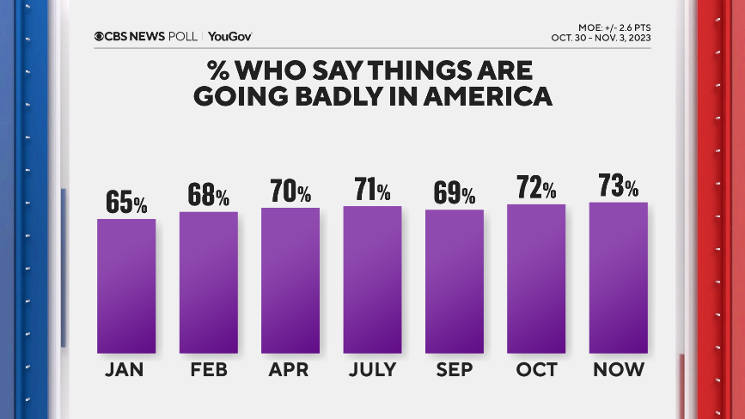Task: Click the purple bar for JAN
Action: tap(126, 286)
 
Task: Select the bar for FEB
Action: tap(208, 282)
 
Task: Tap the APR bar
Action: tap(290, 280)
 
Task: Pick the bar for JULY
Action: tap(372, 279)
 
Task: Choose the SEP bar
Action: tap(455, 281)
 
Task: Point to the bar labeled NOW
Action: tap(619, 277)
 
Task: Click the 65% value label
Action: tap(126, 203)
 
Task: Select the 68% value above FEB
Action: tap(208, 196)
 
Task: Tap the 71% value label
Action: tap(372, 190)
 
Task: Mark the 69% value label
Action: tap(455, 193)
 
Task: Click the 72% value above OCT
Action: tap(536, 188)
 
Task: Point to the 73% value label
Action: tap(619, 185)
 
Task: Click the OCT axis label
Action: tap(536, 370)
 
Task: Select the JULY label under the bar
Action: tap(372, 370)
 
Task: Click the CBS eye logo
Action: tap(100, 36)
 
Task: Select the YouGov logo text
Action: tap(229, 36)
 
